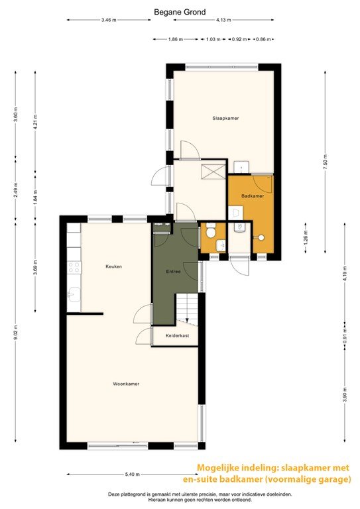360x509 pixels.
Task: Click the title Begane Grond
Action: click(180, 13)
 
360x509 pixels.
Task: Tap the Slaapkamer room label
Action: click(225, 118)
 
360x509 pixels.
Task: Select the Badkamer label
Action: click(253, 196)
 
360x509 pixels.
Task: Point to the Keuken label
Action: click(113, 266)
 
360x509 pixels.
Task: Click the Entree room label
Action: click(173, 271)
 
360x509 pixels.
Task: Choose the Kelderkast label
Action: click(177, 335)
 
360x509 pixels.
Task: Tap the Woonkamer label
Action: click(126, 384)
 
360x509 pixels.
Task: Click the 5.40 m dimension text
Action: click(132, 475)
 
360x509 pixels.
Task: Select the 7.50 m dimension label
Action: click(326, 160)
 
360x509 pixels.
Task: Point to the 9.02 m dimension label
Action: click(15, 332)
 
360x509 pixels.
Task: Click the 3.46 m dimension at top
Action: click(109, 20)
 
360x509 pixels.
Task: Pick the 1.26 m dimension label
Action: click(306, 237)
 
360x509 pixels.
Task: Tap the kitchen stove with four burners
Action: click(74, 267)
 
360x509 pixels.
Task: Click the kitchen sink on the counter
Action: click(74, 294)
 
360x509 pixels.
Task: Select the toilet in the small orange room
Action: click(210, 231)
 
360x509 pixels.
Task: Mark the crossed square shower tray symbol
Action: click(212, 171)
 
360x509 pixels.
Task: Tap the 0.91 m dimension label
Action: click(345, 335)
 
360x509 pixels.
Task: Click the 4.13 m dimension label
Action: click(223, 20)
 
